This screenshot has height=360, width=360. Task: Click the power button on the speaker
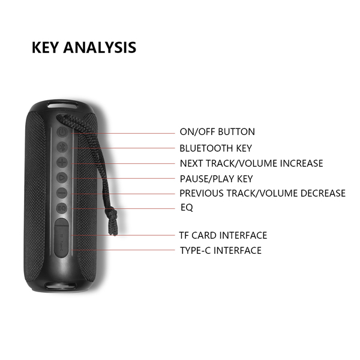[x=62, y=132]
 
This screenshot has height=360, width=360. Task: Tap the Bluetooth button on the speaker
[x=62, y=147]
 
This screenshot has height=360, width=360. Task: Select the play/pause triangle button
[x=62, y=178]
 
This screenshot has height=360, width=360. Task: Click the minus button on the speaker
[x=62, y=193]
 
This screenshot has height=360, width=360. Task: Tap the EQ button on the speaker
[x=62, y=208]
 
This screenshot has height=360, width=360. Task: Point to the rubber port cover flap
[x=62, y=238]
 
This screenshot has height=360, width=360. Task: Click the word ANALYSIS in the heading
[x=100, y=47]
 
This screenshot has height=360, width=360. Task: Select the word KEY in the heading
[x=45, y=47]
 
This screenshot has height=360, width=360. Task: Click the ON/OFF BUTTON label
[x=217, y=132]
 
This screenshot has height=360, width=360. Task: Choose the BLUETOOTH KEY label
[x=215, y=148]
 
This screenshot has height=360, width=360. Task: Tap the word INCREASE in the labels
[x=301, y=163]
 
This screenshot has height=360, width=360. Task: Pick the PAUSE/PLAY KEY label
[x=216, y=179]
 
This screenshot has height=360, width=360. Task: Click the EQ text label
[x=187, y=208]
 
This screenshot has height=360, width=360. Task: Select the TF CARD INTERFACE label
[x=223, y=235]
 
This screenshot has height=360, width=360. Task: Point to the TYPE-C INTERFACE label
[x=221, y=250]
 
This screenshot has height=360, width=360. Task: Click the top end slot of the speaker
[x=62, y=106]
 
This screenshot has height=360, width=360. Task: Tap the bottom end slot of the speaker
[x=61, y=286]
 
